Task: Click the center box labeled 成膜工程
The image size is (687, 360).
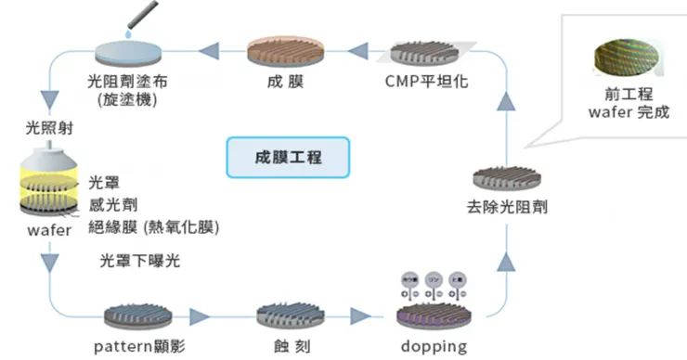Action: pyautogui.click(x=288, y=157)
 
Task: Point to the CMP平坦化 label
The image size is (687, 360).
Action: pyautogui.click(x=426, y=80)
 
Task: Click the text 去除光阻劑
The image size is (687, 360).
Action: pyautogui.click(x=509, y=206)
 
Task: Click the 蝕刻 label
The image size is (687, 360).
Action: pyautogui.click(x=288, y=345)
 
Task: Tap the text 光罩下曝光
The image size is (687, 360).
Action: pyautogui.click(x=139, y=262)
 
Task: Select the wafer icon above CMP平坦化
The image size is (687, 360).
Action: pyautogui.click(x=426, y=51)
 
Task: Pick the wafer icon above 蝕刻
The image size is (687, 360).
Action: pyautogui.click(x=288, y=314)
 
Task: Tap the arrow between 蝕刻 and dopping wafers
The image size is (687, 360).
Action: pyautogui.click(x=358, y=315)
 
